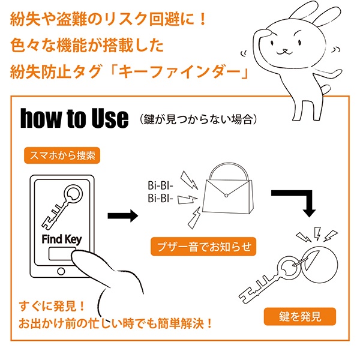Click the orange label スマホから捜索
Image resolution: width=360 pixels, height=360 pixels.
click(x=62, y=155)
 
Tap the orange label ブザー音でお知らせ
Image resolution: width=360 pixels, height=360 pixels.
click(x=203, y=247)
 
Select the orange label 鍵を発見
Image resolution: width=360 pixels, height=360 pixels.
click(x=300, y=317)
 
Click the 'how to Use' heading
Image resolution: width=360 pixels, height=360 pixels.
click(x=74, y=118)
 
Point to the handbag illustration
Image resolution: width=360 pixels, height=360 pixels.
click(x=228, y=188)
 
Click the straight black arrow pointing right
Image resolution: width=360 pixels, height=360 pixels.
click(x=123, y=216)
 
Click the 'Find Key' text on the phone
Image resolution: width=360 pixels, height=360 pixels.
click(x=62, y=239)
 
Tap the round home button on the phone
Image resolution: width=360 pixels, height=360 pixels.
click(x=61, y=271)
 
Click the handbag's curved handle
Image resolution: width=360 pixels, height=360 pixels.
click(x=229, y=166)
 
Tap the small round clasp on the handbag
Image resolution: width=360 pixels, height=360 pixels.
click(x=226, y=196)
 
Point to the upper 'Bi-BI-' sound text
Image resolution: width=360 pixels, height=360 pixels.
click(x=160, y=185)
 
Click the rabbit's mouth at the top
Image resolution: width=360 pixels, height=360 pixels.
click(x=284, y=52)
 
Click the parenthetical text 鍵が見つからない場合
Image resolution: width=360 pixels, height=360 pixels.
click(x=198, y=119)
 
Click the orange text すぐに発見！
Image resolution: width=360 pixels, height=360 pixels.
click(x=52, y=306)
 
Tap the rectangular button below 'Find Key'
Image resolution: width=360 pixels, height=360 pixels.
click(x=61, y=253)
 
